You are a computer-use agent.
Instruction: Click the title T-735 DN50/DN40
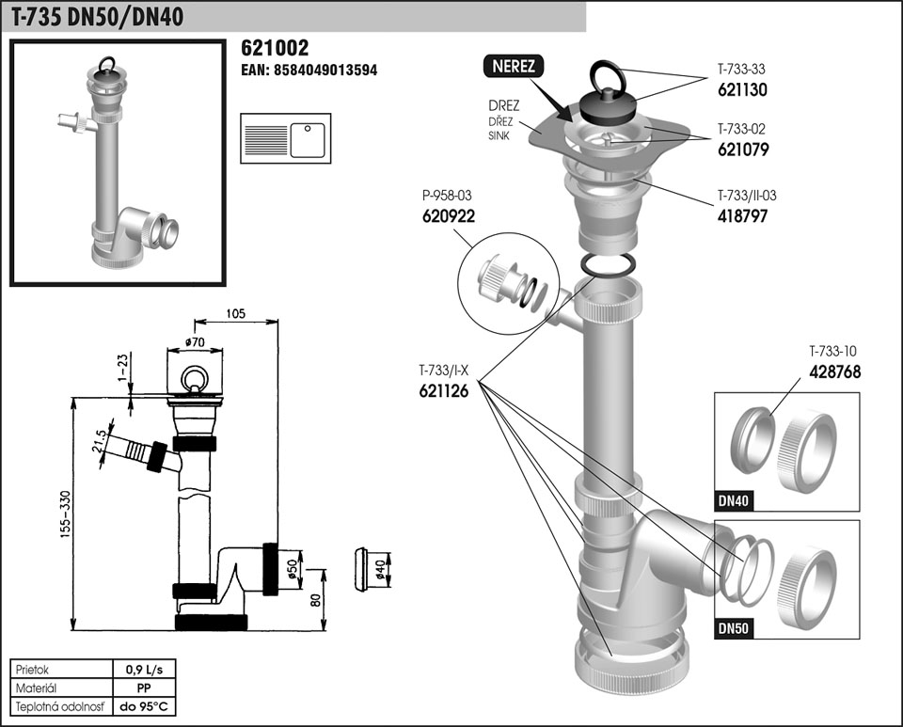(98, 16)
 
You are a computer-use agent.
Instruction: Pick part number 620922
(448, 215)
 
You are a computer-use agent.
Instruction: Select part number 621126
(444, 393)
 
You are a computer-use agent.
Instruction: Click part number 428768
(835, 371)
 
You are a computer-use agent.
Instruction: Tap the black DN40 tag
(734, 501)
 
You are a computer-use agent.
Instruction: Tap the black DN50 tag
(734, 627)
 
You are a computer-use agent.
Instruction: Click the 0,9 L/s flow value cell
(144, 671)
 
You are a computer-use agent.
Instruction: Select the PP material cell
(144, 688)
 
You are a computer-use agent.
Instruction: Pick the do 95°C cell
(144, 706)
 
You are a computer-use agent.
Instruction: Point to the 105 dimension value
(236, 313)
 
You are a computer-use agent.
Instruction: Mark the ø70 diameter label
(196, 342)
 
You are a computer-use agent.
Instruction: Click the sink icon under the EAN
(285, 137)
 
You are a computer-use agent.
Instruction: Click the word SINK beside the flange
(499, 136)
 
